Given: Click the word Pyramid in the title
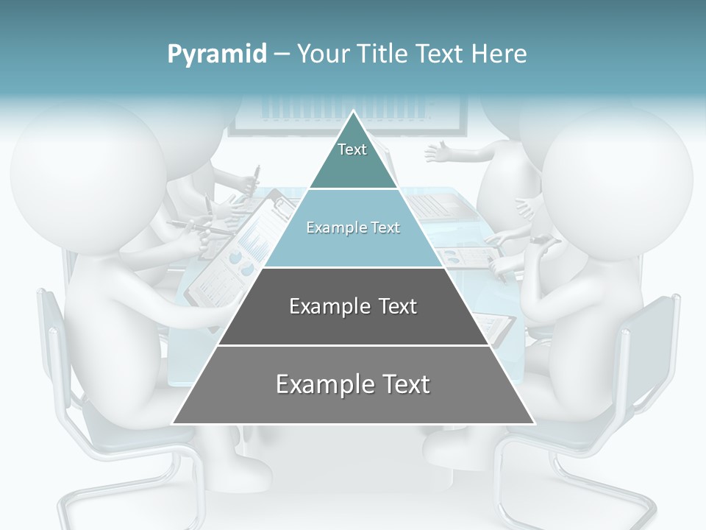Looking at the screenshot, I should pyautogui.click(x=217, y=54).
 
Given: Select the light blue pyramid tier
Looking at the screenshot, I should pyautogui.click(x=353, y=243).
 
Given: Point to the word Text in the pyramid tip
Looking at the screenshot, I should pyautogui.click(x=352, y=149).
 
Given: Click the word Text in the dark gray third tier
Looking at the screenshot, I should pyautogui.click(x=399, y=306).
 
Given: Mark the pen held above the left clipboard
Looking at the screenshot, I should pyautogui.click(x=255, y=177).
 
